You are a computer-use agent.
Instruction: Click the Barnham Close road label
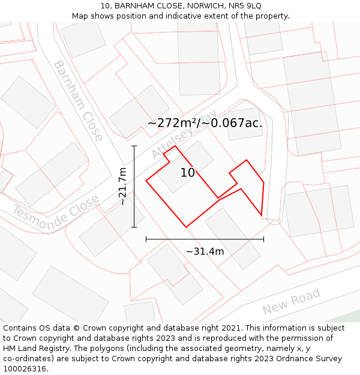[x=78, y=100]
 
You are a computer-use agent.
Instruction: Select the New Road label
[x=292, y=302]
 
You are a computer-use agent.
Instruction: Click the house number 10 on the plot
[x=187, y=173]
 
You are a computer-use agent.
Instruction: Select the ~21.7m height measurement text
[x=122, y=187]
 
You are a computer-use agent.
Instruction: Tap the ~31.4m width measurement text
[x=205, y=251]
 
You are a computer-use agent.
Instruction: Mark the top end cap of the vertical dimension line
[x=134, y=146]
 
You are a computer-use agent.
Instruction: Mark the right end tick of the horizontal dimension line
[x=263, y=239]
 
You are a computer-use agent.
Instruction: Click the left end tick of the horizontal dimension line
[x=146, y=239]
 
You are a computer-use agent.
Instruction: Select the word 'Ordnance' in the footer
[x=289, y=359]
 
